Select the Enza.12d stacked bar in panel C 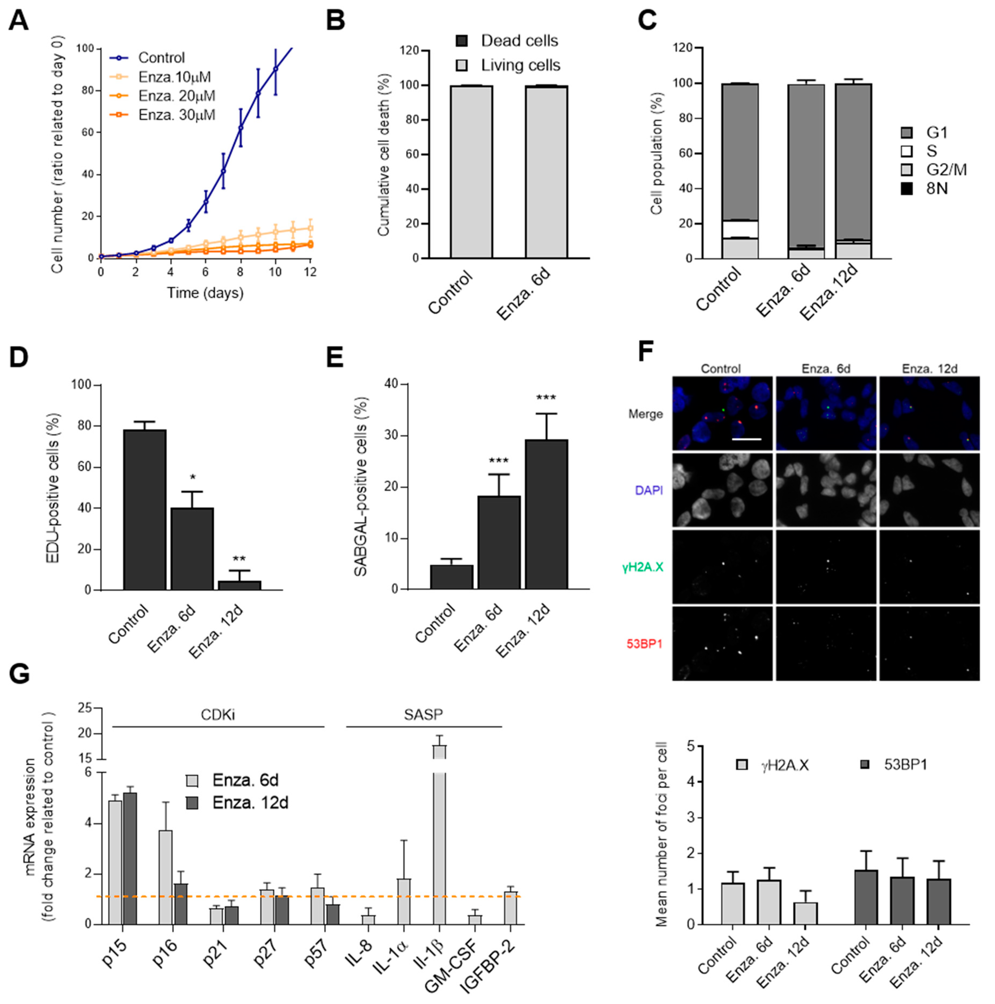point(853,171)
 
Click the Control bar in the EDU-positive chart point(145,509)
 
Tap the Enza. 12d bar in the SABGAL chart point(546,514)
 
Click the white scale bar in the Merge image point(747,439)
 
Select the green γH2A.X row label point(643,567)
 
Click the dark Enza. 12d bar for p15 point(130,857)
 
